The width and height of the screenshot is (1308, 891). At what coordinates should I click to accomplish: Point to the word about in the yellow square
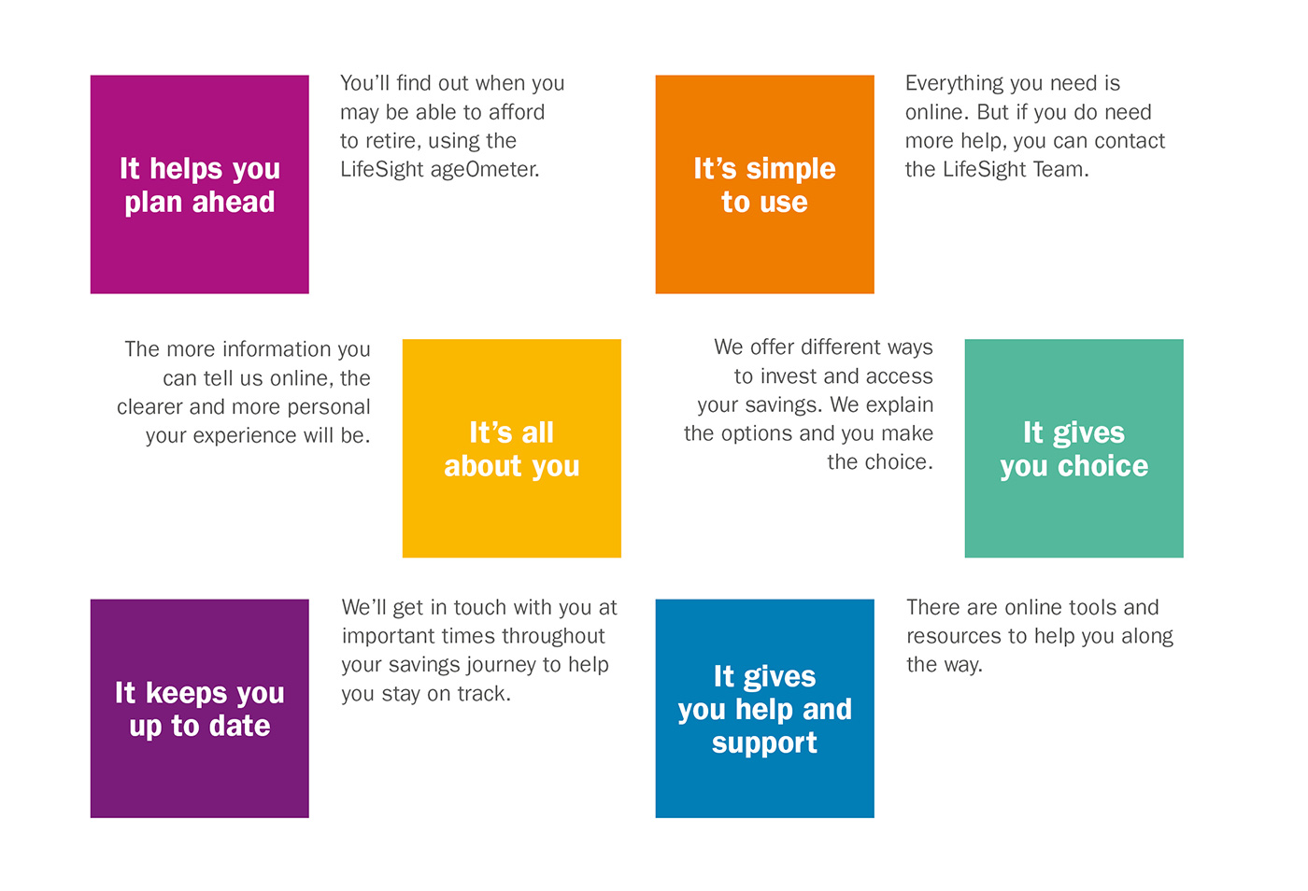click(x=482, y=466)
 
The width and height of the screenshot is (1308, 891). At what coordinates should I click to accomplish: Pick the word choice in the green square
click(x=1103, y=466)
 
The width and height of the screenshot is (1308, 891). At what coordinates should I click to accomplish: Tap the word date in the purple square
click(x=239, y=726)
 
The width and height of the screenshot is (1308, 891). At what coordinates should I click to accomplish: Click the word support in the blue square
click(x=764, y=744)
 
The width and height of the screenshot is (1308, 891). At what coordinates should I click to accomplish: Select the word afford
click(x=517, y=112)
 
